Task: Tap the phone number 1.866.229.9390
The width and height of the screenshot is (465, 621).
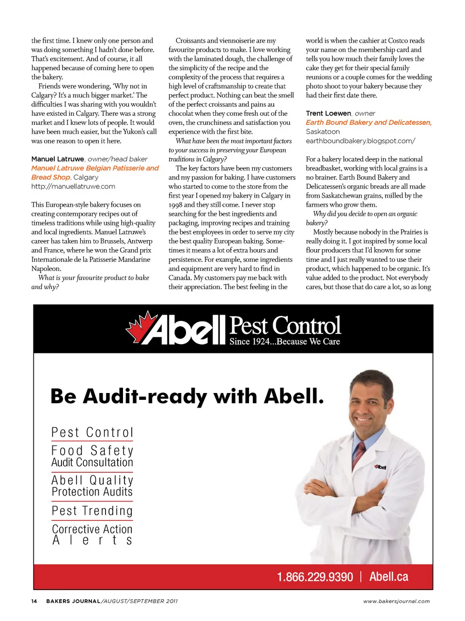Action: coord(315,577)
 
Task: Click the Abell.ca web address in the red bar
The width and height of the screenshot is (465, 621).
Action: coord(388,576)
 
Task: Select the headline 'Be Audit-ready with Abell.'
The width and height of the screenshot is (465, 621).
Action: coord(187,396)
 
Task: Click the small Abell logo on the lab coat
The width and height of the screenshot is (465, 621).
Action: coord(380,467)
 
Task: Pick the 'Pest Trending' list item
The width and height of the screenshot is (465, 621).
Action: coord(92,511)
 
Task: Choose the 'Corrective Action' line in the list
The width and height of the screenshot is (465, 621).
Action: coord(92,529)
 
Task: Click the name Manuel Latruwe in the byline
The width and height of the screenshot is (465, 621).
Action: coord(58,159)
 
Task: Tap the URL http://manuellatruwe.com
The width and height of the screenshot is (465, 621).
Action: coord(73,186)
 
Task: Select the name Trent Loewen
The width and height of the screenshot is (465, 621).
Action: coord(328,113)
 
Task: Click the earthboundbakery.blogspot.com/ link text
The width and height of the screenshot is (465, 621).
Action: coord(360,141)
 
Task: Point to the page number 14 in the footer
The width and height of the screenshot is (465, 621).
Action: coord(34,601)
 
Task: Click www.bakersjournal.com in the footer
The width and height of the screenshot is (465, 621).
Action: coord(396,601)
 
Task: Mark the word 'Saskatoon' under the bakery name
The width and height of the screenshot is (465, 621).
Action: coord(323,132)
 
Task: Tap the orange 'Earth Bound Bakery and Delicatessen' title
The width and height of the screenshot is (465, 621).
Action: coord(368,122)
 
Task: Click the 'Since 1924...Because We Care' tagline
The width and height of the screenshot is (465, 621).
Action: coord(284,342)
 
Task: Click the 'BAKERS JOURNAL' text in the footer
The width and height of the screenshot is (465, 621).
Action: coord(73,601)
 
